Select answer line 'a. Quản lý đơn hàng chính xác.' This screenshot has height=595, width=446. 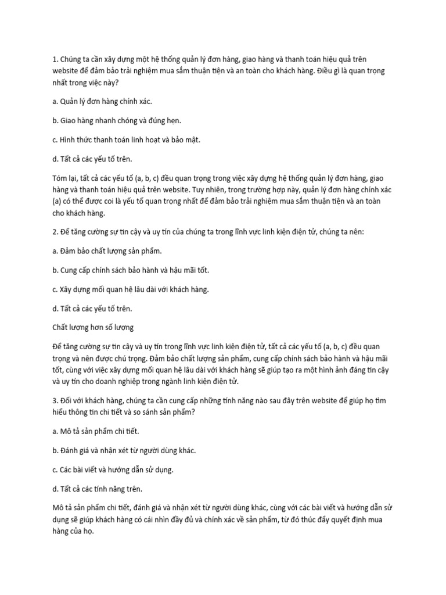click(93, 101)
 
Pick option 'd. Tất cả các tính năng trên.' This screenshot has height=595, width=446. click(97, 488)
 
